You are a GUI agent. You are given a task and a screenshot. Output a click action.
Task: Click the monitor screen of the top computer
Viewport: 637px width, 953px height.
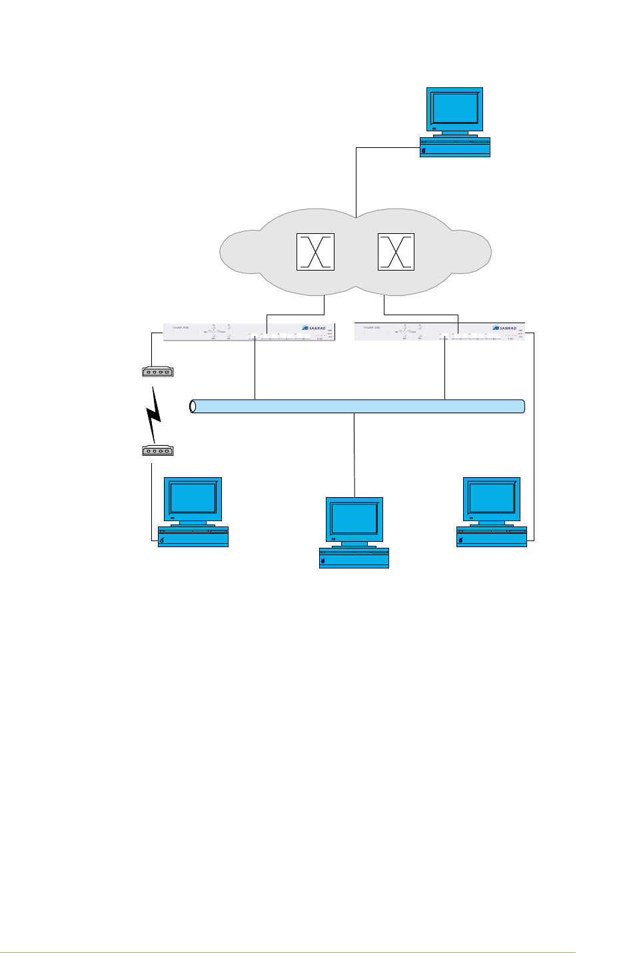(454, 108)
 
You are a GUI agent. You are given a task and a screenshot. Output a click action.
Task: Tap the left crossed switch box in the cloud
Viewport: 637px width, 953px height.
(315, 252)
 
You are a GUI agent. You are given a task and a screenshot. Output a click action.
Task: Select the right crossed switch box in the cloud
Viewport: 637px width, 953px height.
(396, 252)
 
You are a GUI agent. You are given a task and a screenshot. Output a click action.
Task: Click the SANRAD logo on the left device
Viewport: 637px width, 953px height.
(315, 328)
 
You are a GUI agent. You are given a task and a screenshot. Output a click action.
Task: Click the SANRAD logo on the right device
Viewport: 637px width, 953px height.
(505, 328)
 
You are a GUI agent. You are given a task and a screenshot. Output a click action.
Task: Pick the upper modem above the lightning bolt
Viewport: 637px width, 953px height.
(157, 372)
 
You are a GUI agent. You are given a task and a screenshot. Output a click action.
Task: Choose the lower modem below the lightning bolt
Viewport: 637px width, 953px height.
(157, 451)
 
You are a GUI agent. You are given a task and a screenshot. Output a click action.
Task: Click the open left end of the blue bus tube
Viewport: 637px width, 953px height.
(193, 407)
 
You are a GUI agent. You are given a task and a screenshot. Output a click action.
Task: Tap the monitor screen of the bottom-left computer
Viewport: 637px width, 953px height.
(193, 498)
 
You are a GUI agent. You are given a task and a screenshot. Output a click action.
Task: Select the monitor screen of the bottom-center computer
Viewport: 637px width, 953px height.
(354, 518)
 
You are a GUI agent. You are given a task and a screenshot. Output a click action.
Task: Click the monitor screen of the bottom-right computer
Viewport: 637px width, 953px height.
(492, 498)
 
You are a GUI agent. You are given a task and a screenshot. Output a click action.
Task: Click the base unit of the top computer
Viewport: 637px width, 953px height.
(455, 148)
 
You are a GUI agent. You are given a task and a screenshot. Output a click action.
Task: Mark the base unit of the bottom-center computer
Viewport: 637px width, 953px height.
(354, 558)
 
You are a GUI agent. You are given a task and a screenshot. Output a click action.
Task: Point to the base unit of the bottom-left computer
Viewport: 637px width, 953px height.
(193, 537)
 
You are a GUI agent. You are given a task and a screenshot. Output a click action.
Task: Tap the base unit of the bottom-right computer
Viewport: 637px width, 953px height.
(492, 537)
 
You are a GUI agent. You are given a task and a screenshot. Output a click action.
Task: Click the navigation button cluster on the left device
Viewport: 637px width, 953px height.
(214, 331)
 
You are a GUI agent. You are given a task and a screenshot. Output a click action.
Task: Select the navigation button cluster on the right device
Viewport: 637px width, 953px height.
(405, 331)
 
